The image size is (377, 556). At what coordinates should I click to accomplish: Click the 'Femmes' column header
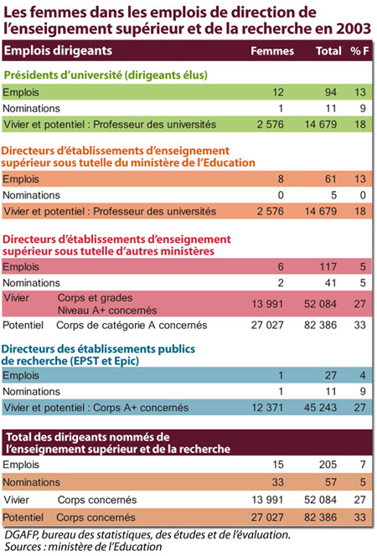click(272, 51)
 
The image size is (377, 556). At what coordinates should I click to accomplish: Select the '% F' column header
click(359, 51)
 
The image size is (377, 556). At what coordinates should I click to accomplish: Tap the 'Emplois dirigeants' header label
click(58, 51)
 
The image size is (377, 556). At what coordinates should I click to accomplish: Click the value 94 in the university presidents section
click(331, 92)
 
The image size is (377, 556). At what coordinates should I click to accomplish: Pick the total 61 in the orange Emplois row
click(331, 178)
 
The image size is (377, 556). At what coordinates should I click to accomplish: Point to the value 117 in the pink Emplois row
click(328, 266)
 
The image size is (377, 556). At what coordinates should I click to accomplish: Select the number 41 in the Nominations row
click(331, 283)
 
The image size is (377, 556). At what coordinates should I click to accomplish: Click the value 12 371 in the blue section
click(267, 408)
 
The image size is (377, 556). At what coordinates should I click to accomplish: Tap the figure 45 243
click(320, 408)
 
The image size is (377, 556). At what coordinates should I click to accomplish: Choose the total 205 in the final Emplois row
click(328, 464)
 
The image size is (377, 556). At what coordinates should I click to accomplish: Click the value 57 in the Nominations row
click(331, 481)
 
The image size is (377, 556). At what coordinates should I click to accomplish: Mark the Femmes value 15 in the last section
click(278, 464)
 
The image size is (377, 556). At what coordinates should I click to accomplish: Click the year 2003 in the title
click(354, 28)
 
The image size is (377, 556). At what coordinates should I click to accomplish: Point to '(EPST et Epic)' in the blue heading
click(105, 361)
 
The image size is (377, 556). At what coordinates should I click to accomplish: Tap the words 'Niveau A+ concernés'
click(107, 311)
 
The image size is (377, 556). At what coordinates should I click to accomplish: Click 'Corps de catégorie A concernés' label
click(132, 325)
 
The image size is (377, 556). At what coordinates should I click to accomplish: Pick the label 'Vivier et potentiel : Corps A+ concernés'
click(96, 408)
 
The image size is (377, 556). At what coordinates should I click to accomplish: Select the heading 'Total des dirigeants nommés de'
click(88, 437)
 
